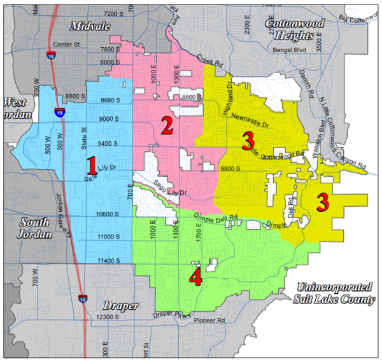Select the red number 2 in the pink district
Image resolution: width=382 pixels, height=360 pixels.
[x=167, y=125]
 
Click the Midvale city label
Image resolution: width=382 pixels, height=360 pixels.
[x=87, y=25]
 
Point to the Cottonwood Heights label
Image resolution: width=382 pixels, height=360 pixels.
[x=294, y=29]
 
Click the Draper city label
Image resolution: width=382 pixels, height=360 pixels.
[x=122, y=306]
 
